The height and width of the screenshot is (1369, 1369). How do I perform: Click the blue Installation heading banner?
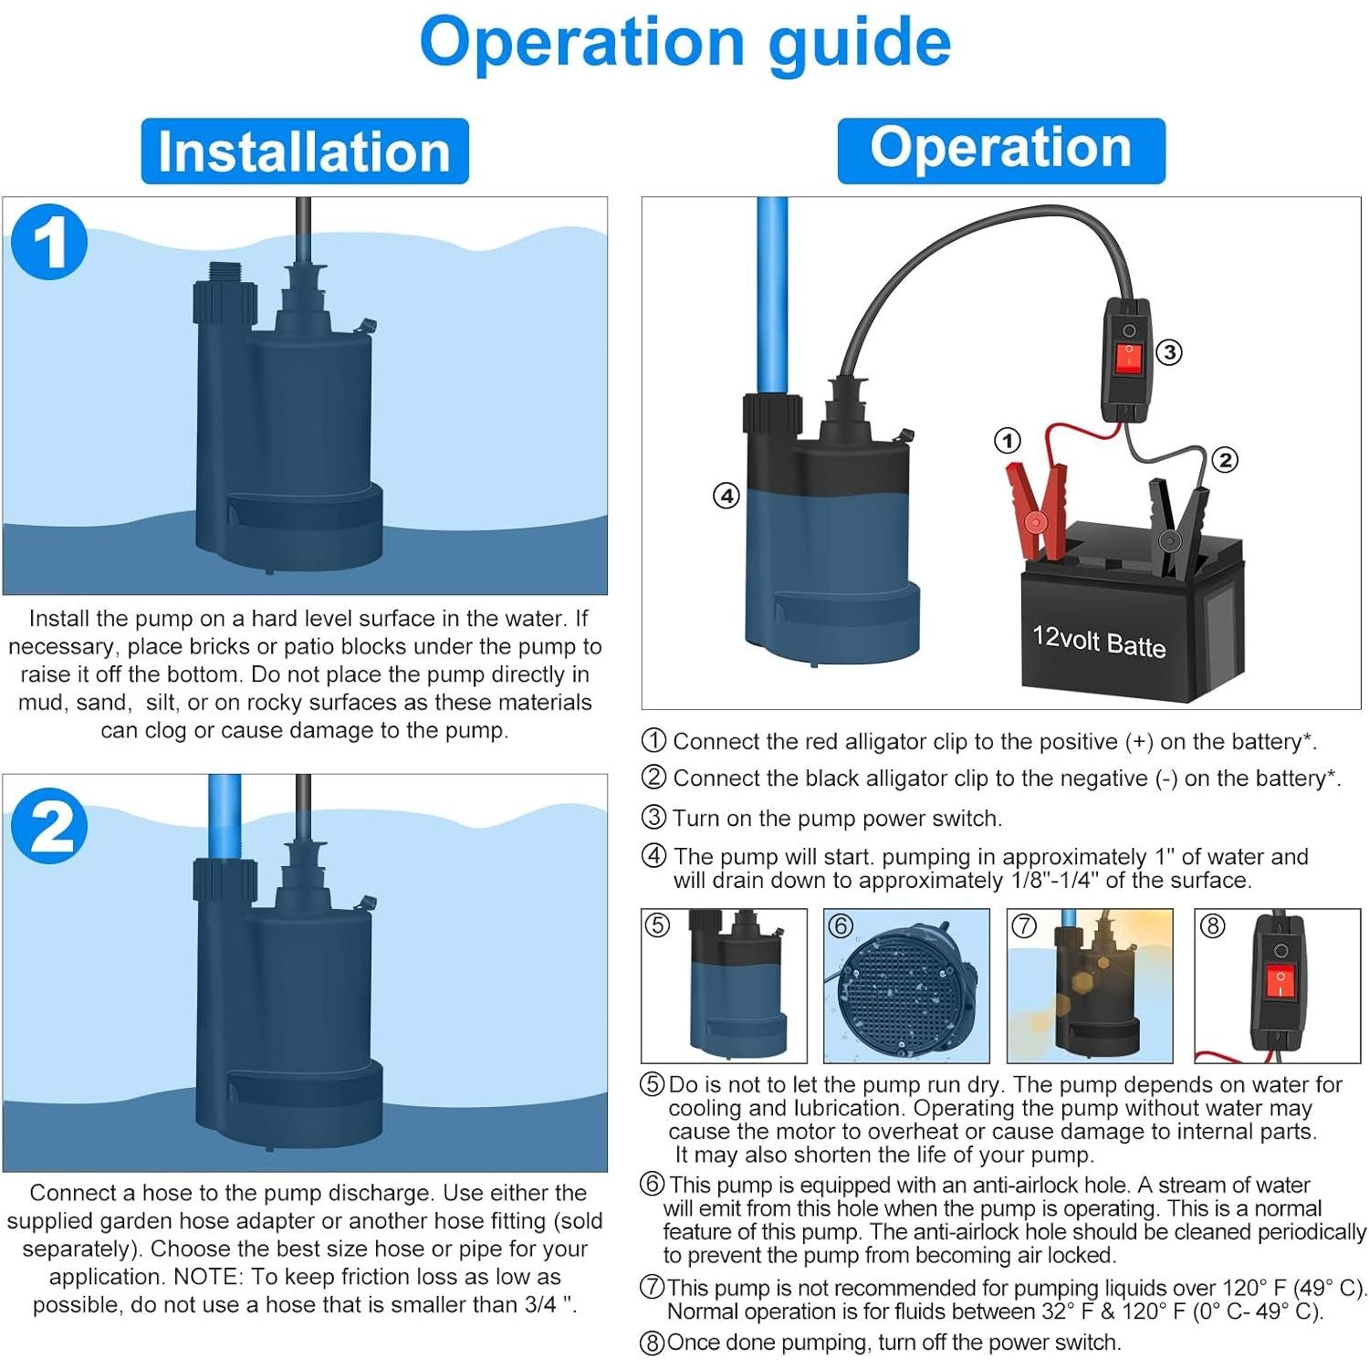pos(305,152)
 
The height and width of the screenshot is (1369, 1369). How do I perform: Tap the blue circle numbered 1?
pos(49,242)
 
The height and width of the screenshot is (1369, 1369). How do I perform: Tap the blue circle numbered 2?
pos(49,826)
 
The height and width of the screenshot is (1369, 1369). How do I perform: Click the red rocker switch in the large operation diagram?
pos(1129,357)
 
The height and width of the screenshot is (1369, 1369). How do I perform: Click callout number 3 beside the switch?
pos(1169,352)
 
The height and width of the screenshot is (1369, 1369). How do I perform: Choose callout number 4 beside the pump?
pos(726,496)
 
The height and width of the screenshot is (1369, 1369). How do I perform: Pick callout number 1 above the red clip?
pos(1007,442)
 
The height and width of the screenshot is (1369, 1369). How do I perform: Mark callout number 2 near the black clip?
pos(1226,460)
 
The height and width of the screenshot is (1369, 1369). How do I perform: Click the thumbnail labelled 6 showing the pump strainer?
pos(906,987)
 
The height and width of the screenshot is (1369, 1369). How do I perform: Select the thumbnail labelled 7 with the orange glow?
pos(1090,987)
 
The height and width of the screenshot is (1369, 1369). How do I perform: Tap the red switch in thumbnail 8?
pos(1280,983)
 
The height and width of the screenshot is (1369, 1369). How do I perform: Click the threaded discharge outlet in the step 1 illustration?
pos(225,274)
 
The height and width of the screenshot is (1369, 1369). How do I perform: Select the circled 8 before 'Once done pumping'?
pos(652,1343)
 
